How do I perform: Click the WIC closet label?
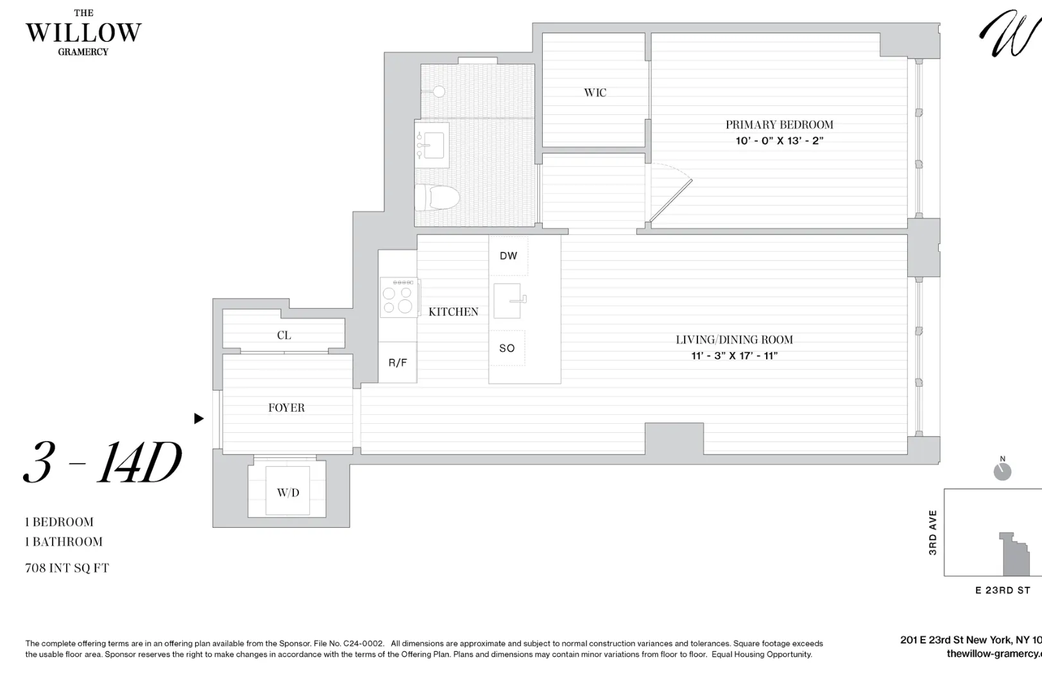tap(595, 92)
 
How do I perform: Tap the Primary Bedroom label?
tap(779, 125)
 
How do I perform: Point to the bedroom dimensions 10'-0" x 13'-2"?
tap(779, 141)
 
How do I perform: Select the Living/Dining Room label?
tap(734, 340)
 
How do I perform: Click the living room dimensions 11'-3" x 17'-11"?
tap(734, 356)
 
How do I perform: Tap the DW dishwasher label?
tap(508, 256)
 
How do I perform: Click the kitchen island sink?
tap(508, 301)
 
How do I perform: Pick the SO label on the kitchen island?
tap(507, 348)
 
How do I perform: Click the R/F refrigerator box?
tap(397, 363)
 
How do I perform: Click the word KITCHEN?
tap(453, 312)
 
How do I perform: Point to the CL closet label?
tap(284, 335)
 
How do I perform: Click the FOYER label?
tap(286, 408)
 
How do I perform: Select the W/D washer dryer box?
tap(287, 492)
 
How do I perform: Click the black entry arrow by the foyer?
tap(199, 419)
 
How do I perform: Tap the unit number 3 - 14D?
tap(103, 462)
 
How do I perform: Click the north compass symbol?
tap(1002, 471)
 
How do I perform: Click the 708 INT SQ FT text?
tap(67, 568)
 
